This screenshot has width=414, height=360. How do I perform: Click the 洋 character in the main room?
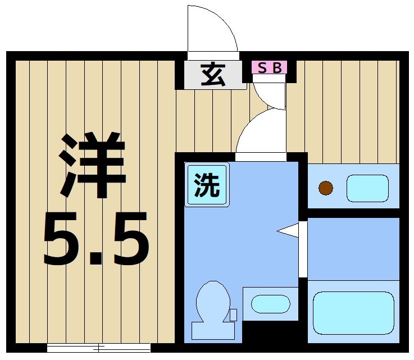[x=92, y=166]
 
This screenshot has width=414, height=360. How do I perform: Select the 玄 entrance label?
[x=213, y=75]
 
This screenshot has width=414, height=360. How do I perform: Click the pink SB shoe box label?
[x=269, y=67]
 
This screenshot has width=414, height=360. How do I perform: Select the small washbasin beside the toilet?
[x=270, y=304]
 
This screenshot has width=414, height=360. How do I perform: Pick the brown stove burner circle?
[x=326, y=188]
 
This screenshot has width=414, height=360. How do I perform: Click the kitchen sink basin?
[x=367, y=188]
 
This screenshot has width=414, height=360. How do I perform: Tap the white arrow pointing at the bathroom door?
[x=288, y=230]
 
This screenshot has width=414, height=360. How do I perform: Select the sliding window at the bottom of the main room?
[x=99, y=347]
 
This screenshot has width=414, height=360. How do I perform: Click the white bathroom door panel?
[x=303, y=249]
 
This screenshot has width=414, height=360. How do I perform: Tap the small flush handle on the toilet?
[x=233, y=315]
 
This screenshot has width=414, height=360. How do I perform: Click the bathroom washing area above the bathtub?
[x=353, y=247]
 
